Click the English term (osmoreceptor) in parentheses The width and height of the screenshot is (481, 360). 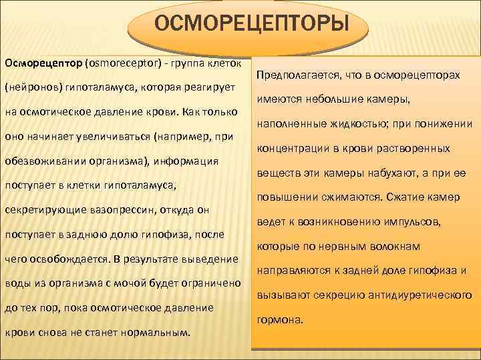coord(126,63)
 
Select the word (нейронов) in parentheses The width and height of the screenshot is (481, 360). coord(29,87)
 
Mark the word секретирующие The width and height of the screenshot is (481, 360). coord(41,211)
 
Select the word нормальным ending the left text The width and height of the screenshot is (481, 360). coord(154,332)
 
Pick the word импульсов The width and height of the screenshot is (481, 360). coord(422,221)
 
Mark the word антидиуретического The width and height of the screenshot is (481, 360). coord(418,295)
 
